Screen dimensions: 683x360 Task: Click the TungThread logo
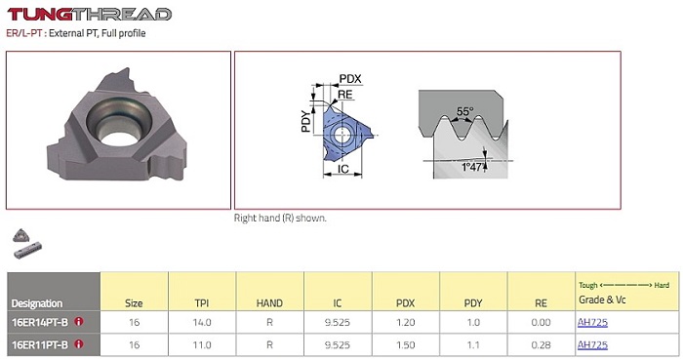click(x=90, y=14)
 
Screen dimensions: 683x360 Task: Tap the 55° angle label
click(x=464, y=111)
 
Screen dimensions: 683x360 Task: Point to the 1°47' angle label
click(x=472, y=167)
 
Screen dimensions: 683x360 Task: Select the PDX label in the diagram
click(x=350, y=79)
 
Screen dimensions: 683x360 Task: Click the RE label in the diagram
click(x=345, y=95)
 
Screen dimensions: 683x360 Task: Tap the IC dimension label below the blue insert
click(x=343, y=169)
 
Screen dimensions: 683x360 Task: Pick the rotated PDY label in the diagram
click(x=306, y=121)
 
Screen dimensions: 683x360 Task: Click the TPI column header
click(x=202, y=303)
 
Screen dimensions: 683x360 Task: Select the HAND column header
click(x=269, y=303)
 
